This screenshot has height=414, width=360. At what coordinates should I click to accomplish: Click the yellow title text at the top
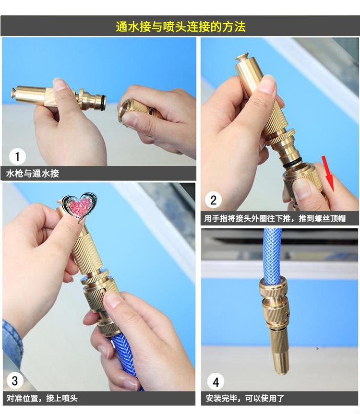click(180, 26)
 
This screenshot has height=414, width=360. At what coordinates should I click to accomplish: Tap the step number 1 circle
click(17, 156)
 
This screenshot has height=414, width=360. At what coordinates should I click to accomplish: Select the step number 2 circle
click(214, 200)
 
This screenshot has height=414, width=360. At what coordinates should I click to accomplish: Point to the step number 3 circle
click(15, 380)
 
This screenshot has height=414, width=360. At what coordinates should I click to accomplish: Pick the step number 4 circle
click(216, 382)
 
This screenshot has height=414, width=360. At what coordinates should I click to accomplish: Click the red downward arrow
click(328, 174)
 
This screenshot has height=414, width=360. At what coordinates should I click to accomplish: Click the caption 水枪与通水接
click(32, 174)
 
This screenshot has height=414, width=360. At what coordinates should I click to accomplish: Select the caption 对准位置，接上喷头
click(42, 398)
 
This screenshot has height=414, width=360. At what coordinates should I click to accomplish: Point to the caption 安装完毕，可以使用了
click(245, 398)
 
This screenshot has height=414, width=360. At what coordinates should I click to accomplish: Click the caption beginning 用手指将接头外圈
click(275, 218)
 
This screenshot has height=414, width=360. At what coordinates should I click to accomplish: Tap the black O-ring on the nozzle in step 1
click(103, 101)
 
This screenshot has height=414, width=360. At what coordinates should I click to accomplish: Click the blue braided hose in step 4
click(272, 253)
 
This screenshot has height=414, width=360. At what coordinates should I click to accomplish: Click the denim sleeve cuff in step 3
click(12, 343)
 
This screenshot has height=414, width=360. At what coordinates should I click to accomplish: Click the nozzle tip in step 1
click(13, 94)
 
